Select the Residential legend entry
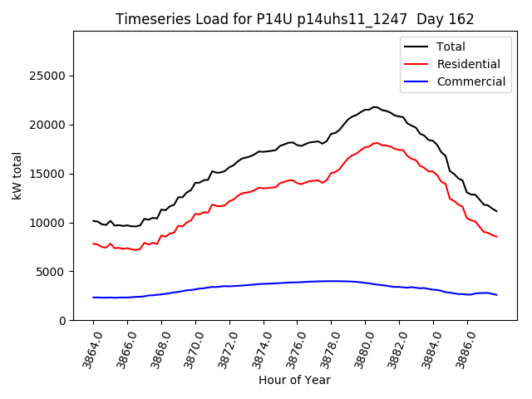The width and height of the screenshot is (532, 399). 468,64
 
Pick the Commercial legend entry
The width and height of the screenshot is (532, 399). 470,81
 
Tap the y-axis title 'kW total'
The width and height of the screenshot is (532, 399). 17,175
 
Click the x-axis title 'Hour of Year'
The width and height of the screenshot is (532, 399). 294,380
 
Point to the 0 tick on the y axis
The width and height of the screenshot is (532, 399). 63,321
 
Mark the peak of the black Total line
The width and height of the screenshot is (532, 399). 375,107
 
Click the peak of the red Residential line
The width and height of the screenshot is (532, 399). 376,143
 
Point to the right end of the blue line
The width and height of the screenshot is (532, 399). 497,295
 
